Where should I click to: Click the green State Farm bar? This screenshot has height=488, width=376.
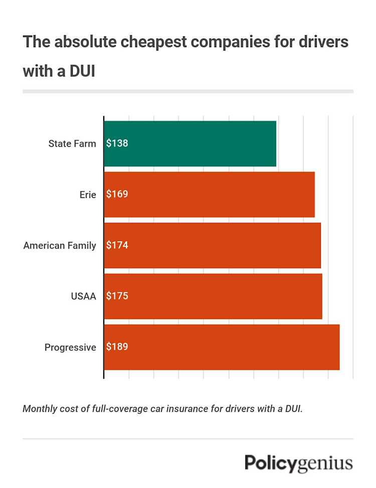[x=201, y=143]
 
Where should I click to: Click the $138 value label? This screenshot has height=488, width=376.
[x=117, y=143]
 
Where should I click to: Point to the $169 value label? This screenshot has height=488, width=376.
[x=117, y=194]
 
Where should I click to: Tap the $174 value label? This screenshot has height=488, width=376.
[x=117, y=246]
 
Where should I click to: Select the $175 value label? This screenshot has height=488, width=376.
[x=117, y=296]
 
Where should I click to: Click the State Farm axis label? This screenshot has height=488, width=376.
[x=72, y=144]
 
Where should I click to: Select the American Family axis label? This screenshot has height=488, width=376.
[x=60, y=246]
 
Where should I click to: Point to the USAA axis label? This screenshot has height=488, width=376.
[x=83, y=297]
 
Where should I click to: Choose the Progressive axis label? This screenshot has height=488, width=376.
[x=70, y=348]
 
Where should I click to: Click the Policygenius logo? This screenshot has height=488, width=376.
[x=299, y=463]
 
